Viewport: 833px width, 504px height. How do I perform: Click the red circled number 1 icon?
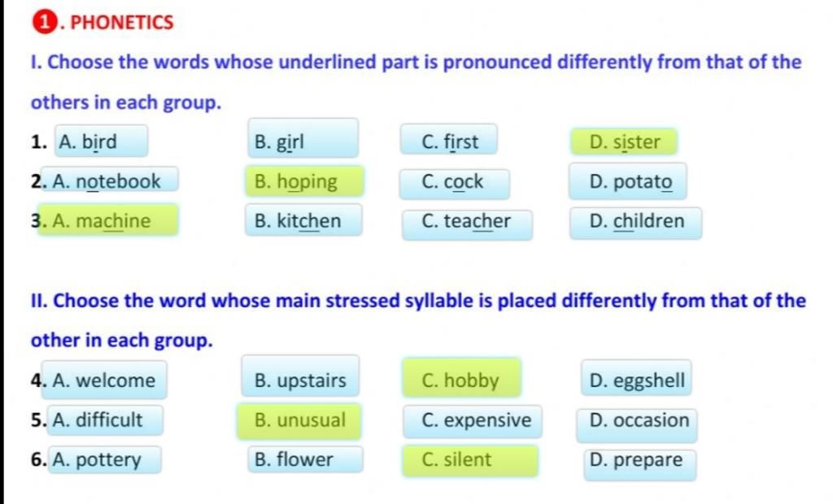tap(44, 22)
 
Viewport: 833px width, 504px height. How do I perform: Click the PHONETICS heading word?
tap(122, 22)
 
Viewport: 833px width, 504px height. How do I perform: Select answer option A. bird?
tap(101, 141)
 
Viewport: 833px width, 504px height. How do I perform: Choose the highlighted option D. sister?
tap(624, 141)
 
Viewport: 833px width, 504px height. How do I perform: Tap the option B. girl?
tap(303, 138)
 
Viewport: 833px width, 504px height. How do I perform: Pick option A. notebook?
tap(110, 180)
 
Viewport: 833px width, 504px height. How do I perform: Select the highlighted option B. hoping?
tap(304, 181)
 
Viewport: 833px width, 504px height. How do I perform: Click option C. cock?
tap(454, 184)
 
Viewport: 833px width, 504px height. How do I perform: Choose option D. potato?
tap(627, 181)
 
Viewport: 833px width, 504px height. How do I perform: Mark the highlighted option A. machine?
tap(108, 219)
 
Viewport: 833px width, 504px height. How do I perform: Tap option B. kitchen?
tap(303, 219)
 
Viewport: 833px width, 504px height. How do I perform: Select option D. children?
tap(635, 223)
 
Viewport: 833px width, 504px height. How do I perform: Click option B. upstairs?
tap(300, 376)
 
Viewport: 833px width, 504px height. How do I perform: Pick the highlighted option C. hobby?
tap(462, 378)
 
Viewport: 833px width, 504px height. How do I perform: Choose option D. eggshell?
tap(636, 378)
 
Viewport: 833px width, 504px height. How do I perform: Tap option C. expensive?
tap(473, 422)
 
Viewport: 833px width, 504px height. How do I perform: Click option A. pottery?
tap(104, 459)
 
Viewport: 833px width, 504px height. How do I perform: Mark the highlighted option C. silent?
tap(470, 460)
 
